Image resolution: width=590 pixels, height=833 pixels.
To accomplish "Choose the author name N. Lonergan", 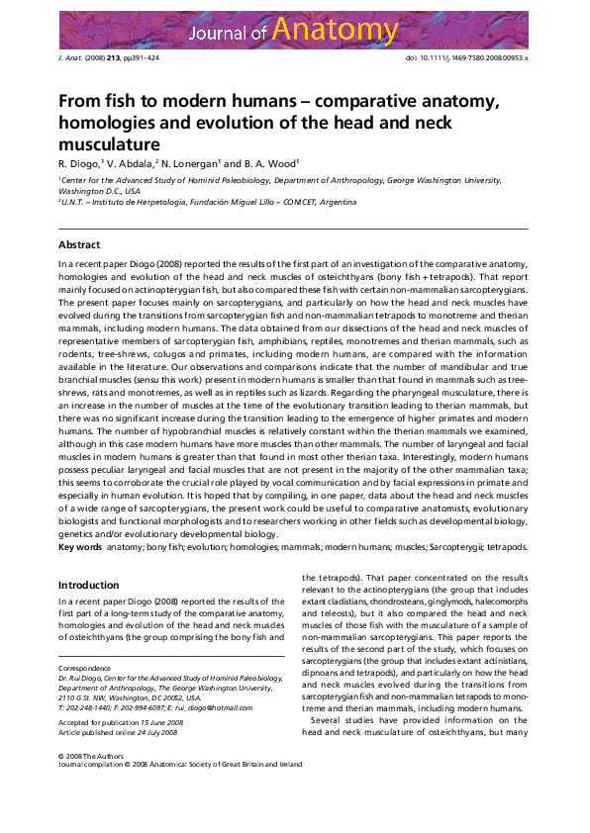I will [188, 163].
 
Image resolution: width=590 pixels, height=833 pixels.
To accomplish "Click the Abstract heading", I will [79, 243].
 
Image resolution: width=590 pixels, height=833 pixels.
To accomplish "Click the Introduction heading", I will [88, 585].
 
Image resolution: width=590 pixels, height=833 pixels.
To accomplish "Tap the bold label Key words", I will [80, 547].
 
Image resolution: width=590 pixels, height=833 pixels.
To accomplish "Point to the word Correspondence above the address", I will [86, 668].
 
